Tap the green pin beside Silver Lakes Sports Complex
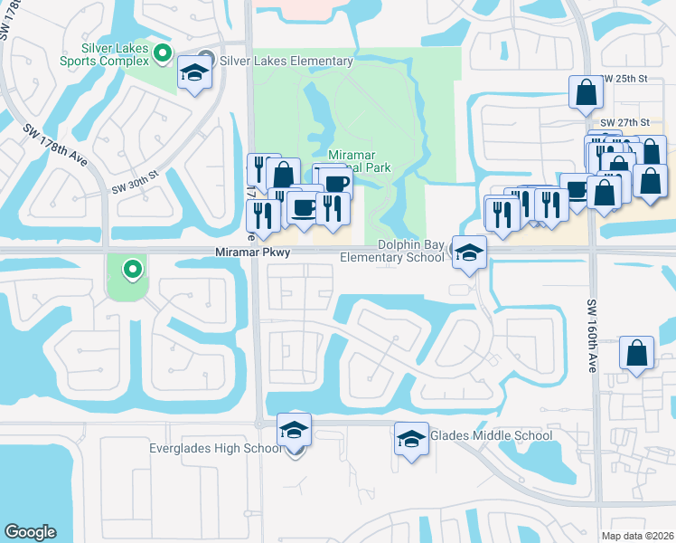point(163,53)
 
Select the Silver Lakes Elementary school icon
point(194,74)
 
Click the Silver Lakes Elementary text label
point(286,61)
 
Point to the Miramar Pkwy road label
point(252,252)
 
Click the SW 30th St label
point(135,182)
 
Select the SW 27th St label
point(624,122)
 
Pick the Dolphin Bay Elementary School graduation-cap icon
point(469,253)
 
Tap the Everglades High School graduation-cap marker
point(294,431)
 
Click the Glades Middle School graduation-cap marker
point(411,441)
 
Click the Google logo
point(30,532)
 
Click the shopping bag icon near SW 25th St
point(587,92)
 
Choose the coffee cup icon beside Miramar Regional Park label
point(337,183)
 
